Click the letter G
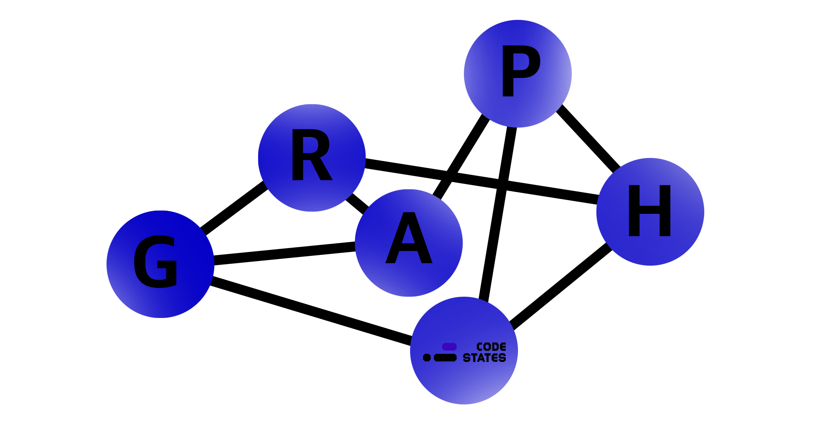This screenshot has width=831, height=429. [156, 262]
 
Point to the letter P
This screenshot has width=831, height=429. [520, 71]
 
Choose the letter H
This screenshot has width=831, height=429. [650, 211]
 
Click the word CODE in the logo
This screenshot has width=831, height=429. [491, 347]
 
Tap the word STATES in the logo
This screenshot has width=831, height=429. [484, 358]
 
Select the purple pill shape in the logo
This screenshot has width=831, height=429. [449, 347]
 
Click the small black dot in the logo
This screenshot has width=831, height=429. [427, 358]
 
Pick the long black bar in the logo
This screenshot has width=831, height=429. [445, 358]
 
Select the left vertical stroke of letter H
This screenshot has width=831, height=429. [634, 211]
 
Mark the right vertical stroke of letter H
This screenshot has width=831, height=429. [665, 211]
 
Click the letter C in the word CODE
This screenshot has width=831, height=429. [480, 347]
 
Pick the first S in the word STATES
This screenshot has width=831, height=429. [466, 358]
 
